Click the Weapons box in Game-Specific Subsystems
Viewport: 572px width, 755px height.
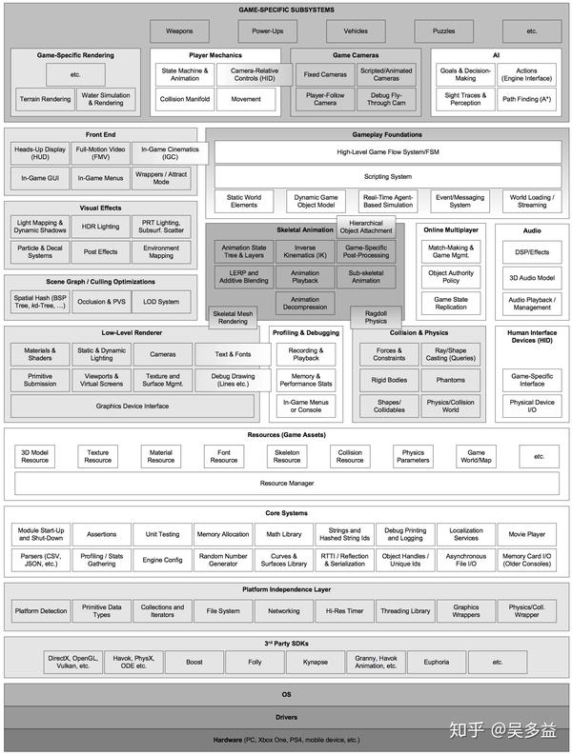[x=179, y=31]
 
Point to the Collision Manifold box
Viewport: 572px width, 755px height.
[x=186, y=99]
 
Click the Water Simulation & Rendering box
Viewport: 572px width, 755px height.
[x=106, y=99]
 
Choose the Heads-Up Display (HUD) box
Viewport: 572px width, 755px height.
[x=39, y=152]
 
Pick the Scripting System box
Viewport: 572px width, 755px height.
[x=388, y=177]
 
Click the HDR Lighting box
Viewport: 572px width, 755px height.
[x=101, y=227]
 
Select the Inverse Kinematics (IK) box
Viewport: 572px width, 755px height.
[x=304, y=252]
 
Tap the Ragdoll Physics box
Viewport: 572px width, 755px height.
[x=376, y=318]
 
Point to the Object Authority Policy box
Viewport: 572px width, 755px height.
[x=451, y=277]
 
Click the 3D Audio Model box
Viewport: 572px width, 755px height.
[x=532, y=277]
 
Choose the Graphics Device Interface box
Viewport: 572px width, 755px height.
[x=133, y=407]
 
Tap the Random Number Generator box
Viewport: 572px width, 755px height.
[x=223, y=559]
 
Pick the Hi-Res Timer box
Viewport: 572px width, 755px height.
[x=344, y=611]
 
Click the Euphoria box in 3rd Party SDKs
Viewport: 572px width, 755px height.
[x=436, y=661]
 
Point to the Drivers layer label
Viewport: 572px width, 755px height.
[x=286, y=717]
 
